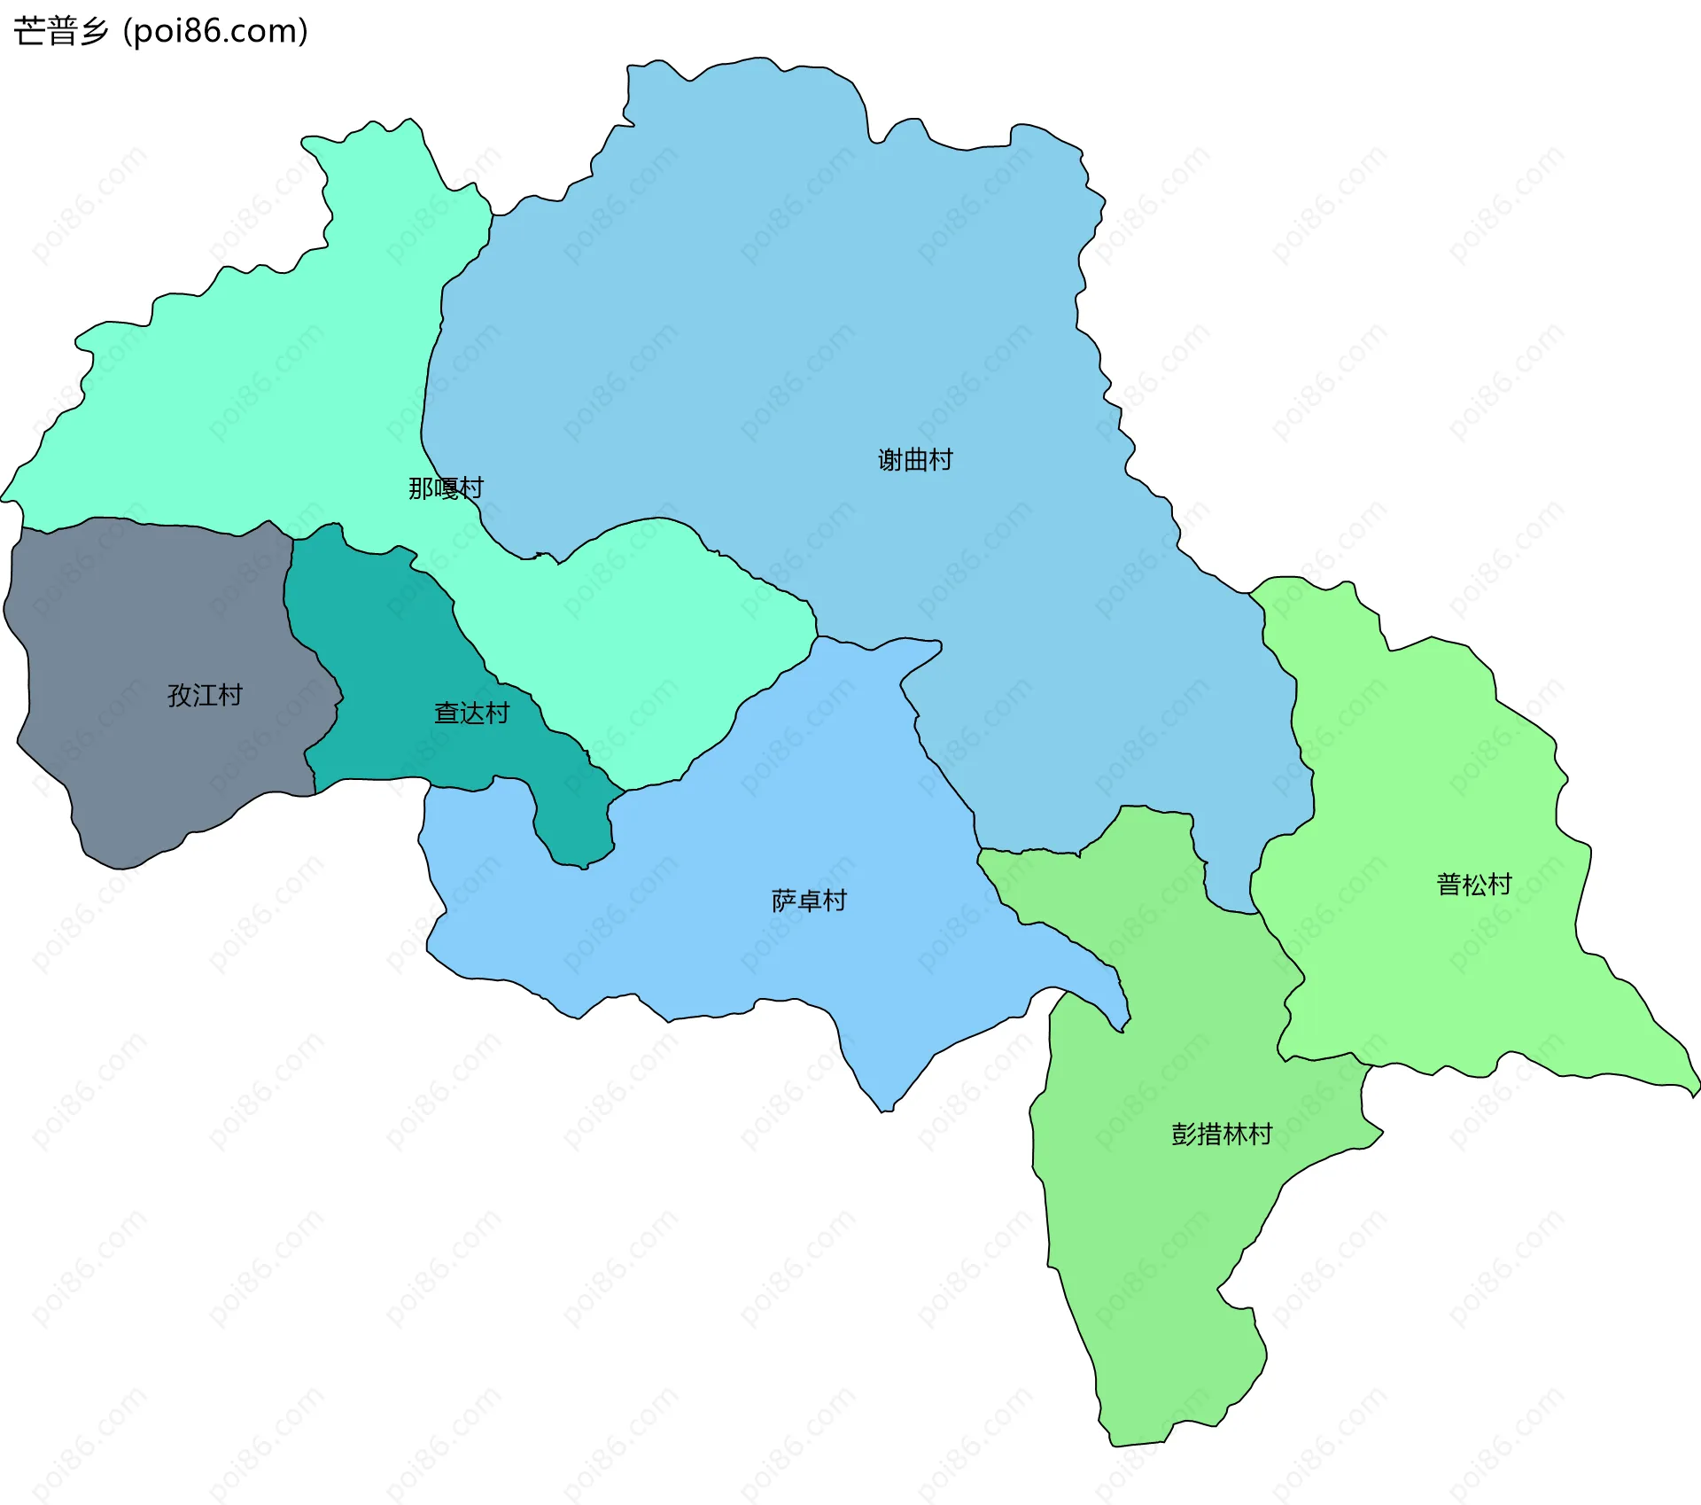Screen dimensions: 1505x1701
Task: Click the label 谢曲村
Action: [915, 460]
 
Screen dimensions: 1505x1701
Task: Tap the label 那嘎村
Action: [446, 488]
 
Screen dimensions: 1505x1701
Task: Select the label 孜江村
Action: [205, 695]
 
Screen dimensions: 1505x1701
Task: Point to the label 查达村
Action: [471, 714]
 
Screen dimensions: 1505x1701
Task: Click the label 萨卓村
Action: [809, 901]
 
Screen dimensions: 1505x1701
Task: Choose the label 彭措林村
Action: [1222, 1135]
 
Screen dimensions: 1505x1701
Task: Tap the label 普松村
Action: [1473, 885]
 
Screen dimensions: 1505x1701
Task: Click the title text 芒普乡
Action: [61, 32]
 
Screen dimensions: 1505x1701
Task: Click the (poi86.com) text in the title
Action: [215, 32]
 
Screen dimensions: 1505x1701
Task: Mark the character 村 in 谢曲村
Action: [941, 460]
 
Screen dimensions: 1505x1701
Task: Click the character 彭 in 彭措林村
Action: [1184, 1135]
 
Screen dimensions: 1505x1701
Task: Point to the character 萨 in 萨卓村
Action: [784, 901]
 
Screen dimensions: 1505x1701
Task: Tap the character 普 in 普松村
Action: [1449, 885]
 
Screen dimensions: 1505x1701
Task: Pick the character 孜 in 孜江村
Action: [180, 695]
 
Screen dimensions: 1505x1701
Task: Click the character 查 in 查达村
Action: [447, 714]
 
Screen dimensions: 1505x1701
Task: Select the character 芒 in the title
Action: [29, 32]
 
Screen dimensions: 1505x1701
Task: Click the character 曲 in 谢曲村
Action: [915, 460]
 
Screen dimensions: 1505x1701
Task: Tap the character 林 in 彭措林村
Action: [1234, 1135]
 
